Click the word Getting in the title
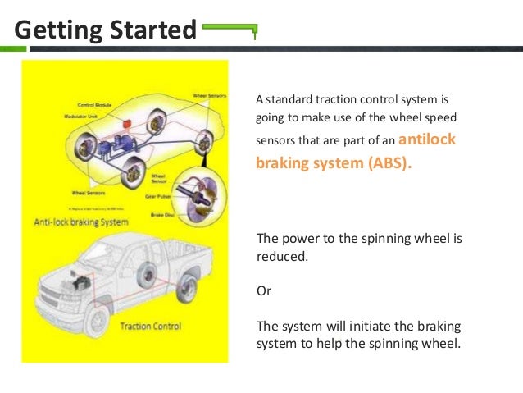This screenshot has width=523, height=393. coord(55,30)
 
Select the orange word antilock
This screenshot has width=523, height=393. coord(426,139)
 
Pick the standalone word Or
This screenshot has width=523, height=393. coord(265,291)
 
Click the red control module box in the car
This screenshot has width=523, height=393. coord(127,124)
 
